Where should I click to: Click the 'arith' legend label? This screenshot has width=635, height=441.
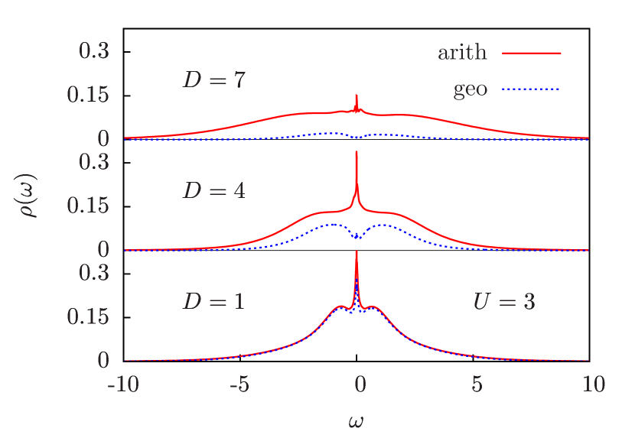(462, 53)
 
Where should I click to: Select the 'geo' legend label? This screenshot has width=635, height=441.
(470, 89)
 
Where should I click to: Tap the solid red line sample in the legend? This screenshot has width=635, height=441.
(531, 54)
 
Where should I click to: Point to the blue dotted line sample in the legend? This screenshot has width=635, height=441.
(531, 89)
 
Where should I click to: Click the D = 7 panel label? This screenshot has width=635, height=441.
(213, 79)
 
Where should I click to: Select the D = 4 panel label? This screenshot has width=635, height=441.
(213, 190)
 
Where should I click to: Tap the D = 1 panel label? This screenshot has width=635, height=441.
(213, 301)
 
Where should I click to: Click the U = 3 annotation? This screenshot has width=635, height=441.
(503, 301)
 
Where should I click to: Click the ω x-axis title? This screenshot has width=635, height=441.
(357, 420)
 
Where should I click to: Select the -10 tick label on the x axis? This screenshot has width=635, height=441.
(124, 384)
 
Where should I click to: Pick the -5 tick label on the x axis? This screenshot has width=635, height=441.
(239, 384)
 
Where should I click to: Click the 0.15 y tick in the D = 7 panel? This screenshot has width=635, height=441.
(88, 96)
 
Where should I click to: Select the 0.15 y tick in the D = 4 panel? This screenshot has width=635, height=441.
(88, 206)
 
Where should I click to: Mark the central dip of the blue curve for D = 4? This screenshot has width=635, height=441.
(357, 238)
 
